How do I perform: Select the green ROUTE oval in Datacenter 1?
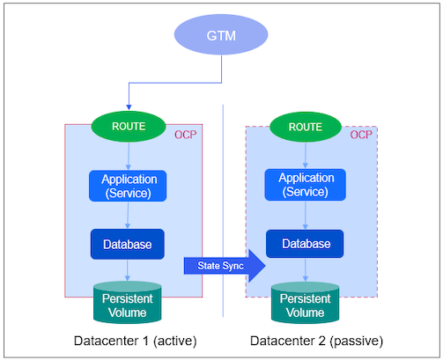(x=129, y=126)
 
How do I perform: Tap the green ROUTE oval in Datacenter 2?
(x=305, y=126)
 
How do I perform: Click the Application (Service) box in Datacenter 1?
(x=129, y=184)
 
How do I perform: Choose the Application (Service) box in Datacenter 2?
(x=306, y=184)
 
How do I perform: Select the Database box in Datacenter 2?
(x=306, y=243)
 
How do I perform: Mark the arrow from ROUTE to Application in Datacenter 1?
(x=129, y=155)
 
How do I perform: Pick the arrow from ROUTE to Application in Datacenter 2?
(x=306, y=155)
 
